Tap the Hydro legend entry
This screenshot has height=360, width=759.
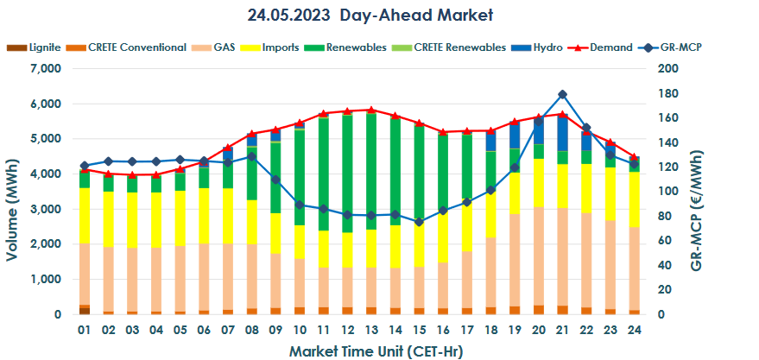pyautogui.click(x=547, y=47)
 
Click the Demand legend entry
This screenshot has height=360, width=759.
pyautogui.click(x=610, y=47)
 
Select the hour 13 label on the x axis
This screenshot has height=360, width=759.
pyautogui.click(x=370, y=331)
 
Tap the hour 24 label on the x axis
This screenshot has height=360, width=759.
pyautogui.click(x=633, y=331)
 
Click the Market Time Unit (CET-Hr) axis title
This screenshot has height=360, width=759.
pyautogui.click(x=358, y=350)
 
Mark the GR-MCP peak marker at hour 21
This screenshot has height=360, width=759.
pyautogui.click(x=562, y=94)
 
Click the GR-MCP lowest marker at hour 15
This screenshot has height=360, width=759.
pyautogui.click(x=419, y=222)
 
